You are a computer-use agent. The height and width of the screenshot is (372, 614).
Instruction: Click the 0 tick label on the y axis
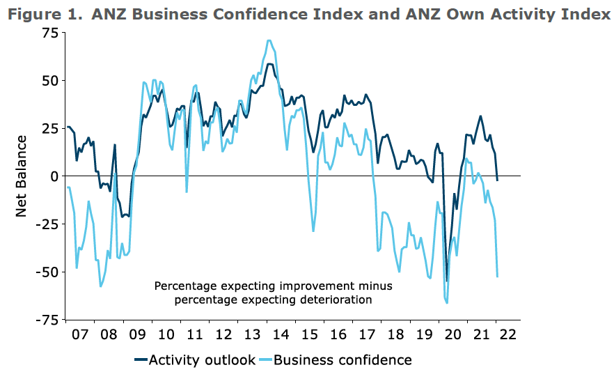pyautogui.click(x=53, y=176)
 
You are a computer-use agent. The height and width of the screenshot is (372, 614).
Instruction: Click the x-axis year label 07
pyautogui.click(x=80, y=334)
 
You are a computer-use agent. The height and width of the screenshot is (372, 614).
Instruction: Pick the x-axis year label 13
pyautogui.click(x=251, y=334)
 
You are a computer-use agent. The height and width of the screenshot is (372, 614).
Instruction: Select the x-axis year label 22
pyautogui.click(x=508, y=334)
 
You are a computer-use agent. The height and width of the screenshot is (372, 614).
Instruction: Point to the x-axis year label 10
pyautogui.click(x=166, y=334)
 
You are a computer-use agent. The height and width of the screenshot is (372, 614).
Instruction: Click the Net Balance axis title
pyautogui.click(x=22, y=176)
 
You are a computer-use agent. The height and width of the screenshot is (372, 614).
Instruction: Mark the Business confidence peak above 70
pyautogui.click(x=269, y=40)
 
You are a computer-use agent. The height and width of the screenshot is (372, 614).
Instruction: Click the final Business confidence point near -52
pyautogui.click(x=497, y=277)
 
